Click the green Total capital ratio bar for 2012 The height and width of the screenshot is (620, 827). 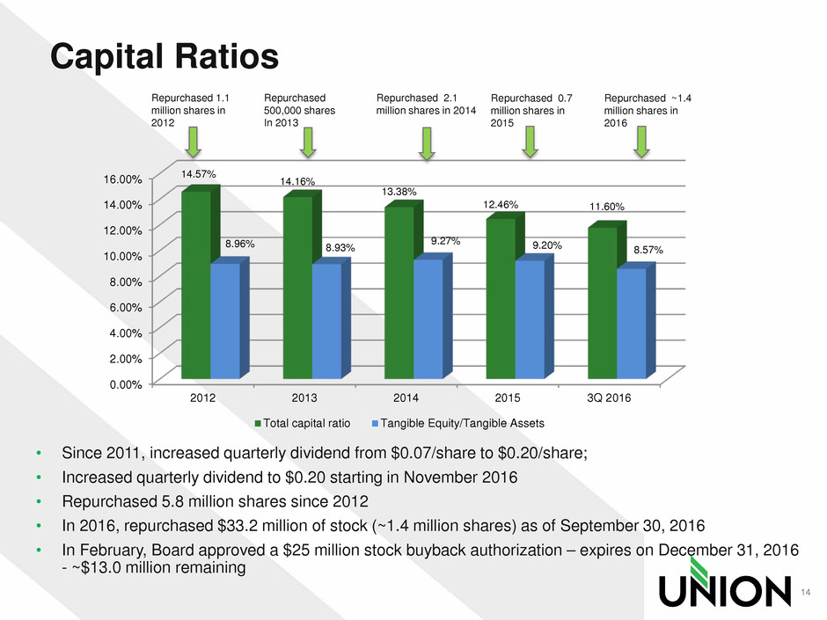(195, 286)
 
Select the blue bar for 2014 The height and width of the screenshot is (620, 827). (428, 318)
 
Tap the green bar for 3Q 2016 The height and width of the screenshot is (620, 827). (602, 303)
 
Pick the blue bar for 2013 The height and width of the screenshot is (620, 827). (326, 321)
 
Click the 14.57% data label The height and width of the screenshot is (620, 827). (198, 175)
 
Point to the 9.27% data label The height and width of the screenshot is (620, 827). (445, 240)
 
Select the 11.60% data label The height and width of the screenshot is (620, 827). (607, 207)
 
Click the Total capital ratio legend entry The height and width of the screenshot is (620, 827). (302, 423)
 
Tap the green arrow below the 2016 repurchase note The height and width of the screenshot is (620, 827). (642, 142)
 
